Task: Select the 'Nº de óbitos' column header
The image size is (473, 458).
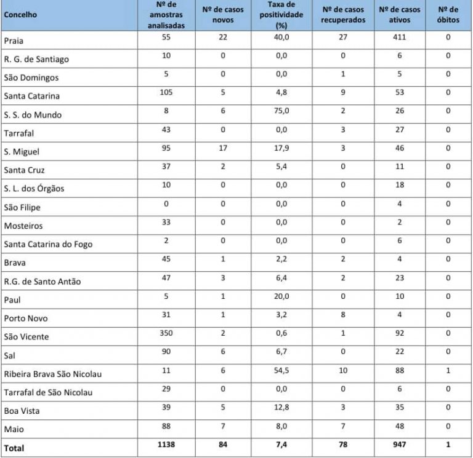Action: point(448,15)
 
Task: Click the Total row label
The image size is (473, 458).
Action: point(14,448)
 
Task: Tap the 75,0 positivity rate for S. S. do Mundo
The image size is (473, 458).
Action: point(280,112)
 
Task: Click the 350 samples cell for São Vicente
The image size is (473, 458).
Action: point(166,334)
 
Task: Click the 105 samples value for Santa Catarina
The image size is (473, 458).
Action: point(166,93)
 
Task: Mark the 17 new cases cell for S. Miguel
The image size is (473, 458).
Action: point(223,149)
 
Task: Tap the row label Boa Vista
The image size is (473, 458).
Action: point(22,411)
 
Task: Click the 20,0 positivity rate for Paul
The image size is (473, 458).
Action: point(280,297)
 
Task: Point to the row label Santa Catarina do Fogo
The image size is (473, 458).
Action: point(48,245)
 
